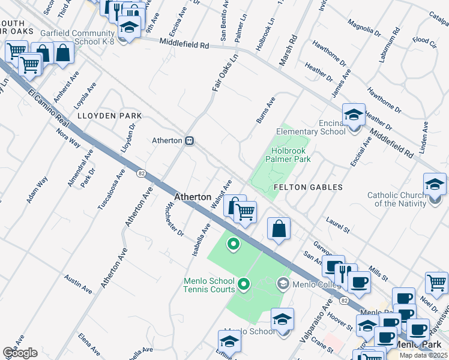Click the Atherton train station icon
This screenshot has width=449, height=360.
pos(189,140)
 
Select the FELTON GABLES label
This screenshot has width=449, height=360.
pos(308,187)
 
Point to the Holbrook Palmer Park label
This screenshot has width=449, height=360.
pos(291,155)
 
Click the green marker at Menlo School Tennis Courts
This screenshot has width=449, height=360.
pos(244,283)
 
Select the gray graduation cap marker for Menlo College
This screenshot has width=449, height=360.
pos(283,283)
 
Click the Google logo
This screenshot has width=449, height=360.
pos(20,353)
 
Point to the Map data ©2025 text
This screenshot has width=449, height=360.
pos(423,355)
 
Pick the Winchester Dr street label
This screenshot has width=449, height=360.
pos(173,220)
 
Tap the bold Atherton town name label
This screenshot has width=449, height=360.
pos(192,197)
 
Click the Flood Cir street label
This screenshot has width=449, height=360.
pos(424,41)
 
